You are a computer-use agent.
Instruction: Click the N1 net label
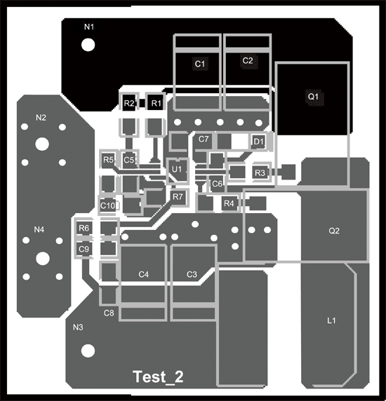89,27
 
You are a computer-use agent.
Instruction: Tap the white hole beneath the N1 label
88,45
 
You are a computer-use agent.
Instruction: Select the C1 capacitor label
200,64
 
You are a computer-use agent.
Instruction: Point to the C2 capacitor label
248,60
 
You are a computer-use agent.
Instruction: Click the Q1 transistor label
313,97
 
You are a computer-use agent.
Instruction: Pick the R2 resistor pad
129,103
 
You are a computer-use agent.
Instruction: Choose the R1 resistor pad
156,103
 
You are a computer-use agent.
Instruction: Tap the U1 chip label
177,169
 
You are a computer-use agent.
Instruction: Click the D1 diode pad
258,142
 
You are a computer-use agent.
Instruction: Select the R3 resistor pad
260,173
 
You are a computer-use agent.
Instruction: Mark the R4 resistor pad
229,203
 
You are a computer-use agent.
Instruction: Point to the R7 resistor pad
178,197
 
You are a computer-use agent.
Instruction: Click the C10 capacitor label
108,205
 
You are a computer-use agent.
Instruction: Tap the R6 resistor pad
84,228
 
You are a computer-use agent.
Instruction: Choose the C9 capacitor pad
84,249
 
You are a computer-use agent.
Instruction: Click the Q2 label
334,231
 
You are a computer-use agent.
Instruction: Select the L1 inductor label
331,320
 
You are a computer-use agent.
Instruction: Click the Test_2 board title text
158,376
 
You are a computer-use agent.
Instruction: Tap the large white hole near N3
88,351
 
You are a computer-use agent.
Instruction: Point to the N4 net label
39,230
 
